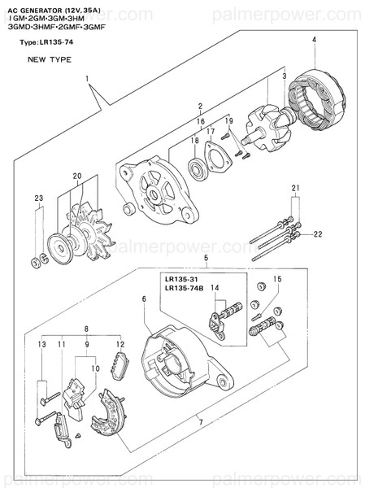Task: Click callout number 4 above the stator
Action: tap(314, 40)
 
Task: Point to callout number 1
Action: tap(85, 79)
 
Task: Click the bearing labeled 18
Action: tap(197, 170)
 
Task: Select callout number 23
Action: tap(38, 198)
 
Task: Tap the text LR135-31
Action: tap(184, 278)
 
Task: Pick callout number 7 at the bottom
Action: tap(200, 421)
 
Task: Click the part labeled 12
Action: tap(120, 363)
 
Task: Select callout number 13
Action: tap(40, 346)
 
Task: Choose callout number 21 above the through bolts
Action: tap(296, 188)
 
